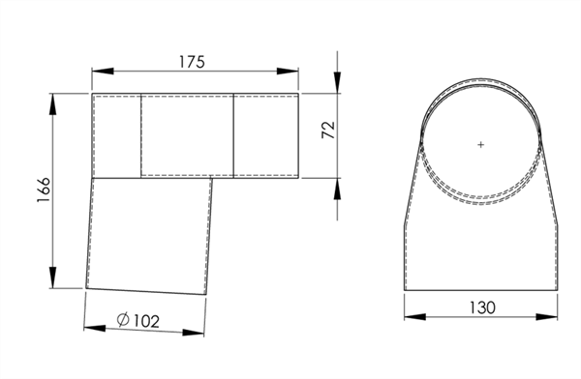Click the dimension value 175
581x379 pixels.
coord(192,62)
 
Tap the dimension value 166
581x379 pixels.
coord(44,189)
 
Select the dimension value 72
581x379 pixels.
coord(328,130)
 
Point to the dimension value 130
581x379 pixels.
coord(482,307)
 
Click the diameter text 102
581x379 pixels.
coord(146,321)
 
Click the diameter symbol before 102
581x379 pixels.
coord(123,319)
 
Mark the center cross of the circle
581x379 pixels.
coord(481,144)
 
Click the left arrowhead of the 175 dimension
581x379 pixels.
coord(103,71)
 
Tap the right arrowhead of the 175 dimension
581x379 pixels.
coord(288,71)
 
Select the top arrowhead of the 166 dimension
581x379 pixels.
coord(52,104)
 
